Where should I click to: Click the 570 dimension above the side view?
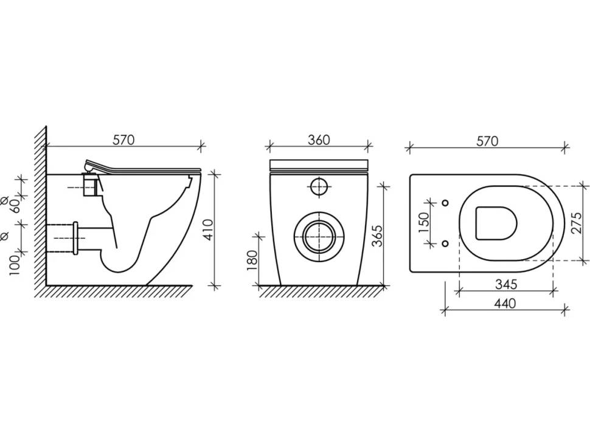pos(123,140)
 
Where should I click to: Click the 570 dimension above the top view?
pos(487,141)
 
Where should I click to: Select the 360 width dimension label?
pos(319,140)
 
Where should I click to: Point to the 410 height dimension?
pos(207,229)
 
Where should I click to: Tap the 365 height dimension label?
pos(377,236)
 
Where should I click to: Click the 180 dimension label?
pos(252,260)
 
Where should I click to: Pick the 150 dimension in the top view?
pos(423,223)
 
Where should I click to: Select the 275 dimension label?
pos(576,223)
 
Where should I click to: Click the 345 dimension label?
pos(505,284)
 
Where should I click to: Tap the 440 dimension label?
pos(505,303)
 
